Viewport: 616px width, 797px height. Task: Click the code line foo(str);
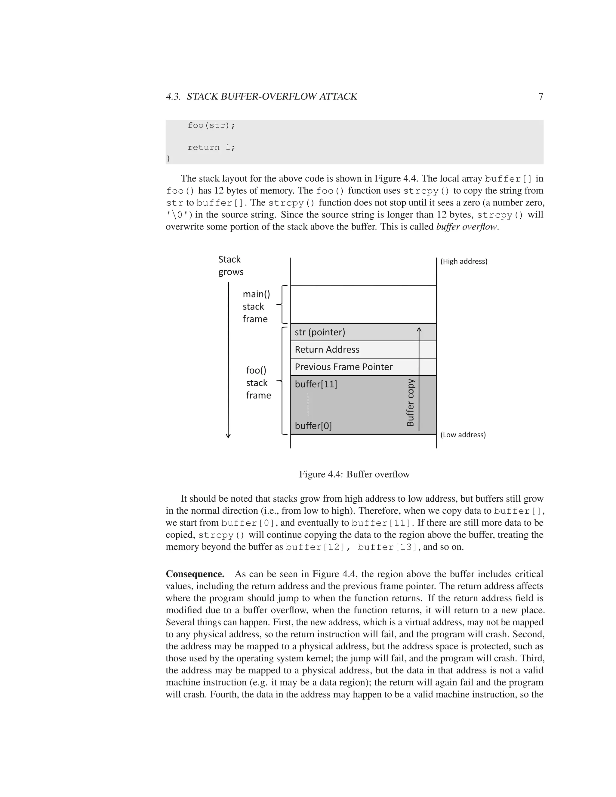[x=211, y=125]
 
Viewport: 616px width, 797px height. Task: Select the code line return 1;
[x=211, y=147]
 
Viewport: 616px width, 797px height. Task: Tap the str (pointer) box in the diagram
[x=363, y=332]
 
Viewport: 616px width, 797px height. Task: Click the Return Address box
[x=363, y=349]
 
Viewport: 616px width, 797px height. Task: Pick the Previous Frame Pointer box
[x=363, y=367]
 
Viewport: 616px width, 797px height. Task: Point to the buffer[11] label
[x=316, y=384]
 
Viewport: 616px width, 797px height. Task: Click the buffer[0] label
[x=313, y=426]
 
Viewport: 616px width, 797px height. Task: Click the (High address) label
[x=464, y=261]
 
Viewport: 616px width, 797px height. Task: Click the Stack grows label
[x=231, y=266]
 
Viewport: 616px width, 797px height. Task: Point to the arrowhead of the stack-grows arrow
[x=229, y=436]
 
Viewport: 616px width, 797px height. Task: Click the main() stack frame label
[x=256, y=306]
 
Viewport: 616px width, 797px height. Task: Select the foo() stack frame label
[x=258, y=383]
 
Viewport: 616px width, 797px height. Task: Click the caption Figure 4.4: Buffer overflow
[x=354, y=474]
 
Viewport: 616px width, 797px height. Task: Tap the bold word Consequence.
[x=195, y=574]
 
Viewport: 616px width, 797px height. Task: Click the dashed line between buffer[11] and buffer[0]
[x=308, y=404]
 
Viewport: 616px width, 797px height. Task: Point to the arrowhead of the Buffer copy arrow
[x=419, y=330]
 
